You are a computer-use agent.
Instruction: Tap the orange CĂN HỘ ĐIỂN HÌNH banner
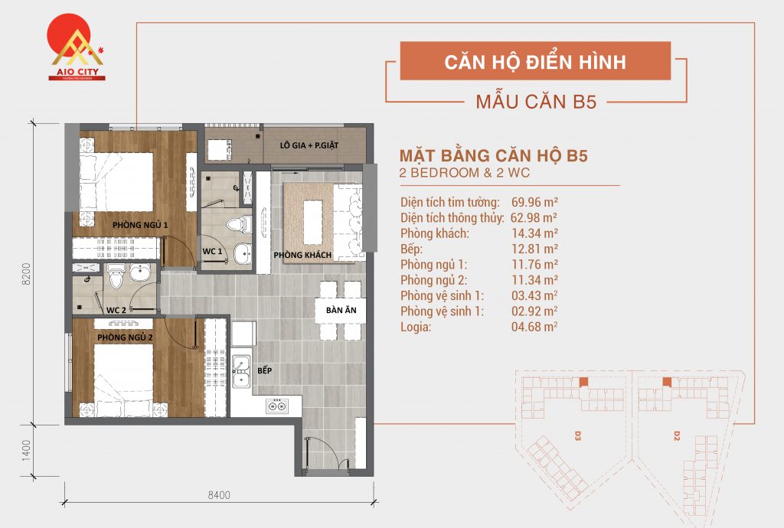tap(535, 61)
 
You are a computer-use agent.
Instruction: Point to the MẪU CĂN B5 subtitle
tap(535, 102)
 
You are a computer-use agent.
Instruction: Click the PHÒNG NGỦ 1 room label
tap(139, 224)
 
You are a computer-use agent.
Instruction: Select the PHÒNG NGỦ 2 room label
tap(125, 337)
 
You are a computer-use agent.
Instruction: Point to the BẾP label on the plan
tap(265, 370)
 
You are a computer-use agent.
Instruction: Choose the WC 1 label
tap(212, 251)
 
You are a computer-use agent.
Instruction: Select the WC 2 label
tap(116, 310)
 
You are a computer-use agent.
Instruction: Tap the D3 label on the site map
tap(578, 436)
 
